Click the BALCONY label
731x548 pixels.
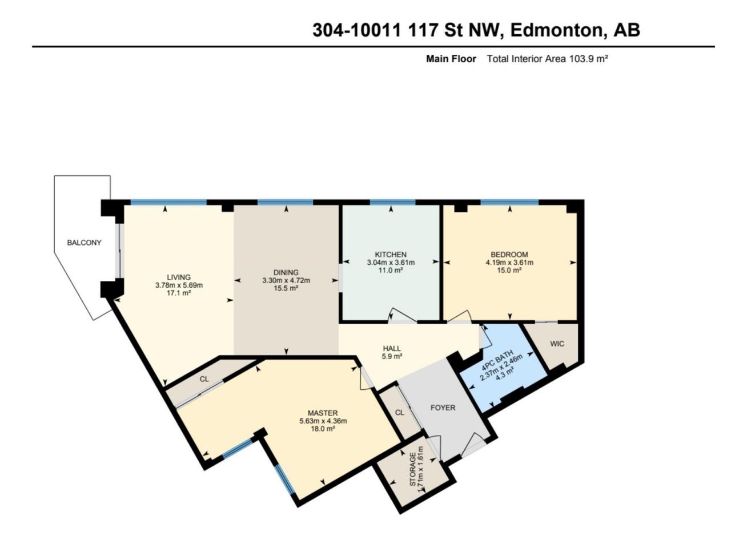point(84,243)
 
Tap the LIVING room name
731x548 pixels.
point(179,277)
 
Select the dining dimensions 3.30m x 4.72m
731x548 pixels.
point(286,280)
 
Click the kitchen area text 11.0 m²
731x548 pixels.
point(391,270)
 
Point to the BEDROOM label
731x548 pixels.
point(509,255)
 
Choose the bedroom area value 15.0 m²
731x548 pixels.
point(509,270)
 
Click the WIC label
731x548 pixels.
point(557,344)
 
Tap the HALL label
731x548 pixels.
point(392,349)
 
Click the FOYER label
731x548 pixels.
point(443,408)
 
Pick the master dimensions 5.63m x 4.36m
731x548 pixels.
point(323,421)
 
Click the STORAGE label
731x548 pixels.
point(413,469)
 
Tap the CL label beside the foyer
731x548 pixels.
point(400,413)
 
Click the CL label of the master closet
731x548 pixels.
point(204,379)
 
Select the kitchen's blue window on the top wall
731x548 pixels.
point(392,202)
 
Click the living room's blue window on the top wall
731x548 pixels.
point(168,202)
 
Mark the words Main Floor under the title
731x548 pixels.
point(451,59)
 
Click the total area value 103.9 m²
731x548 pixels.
point(588,59)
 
